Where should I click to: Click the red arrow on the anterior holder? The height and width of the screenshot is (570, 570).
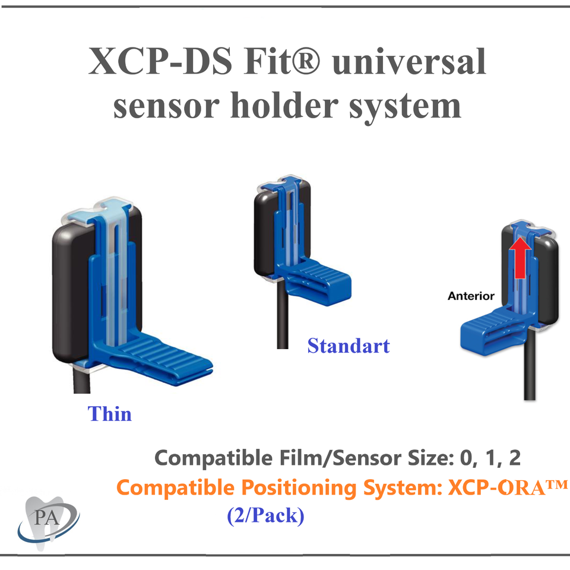[520, 257]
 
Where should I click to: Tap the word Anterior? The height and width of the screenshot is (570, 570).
[471, 295]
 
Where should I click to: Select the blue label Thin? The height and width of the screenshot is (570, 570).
[110, 413]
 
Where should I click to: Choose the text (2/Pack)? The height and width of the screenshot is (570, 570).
[265, 515]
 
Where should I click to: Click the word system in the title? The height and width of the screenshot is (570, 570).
[403, 107]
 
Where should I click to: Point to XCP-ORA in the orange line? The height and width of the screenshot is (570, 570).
[508, 488]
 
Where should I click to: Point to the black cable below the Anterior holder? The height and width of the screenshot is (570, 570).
[530, 374]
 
